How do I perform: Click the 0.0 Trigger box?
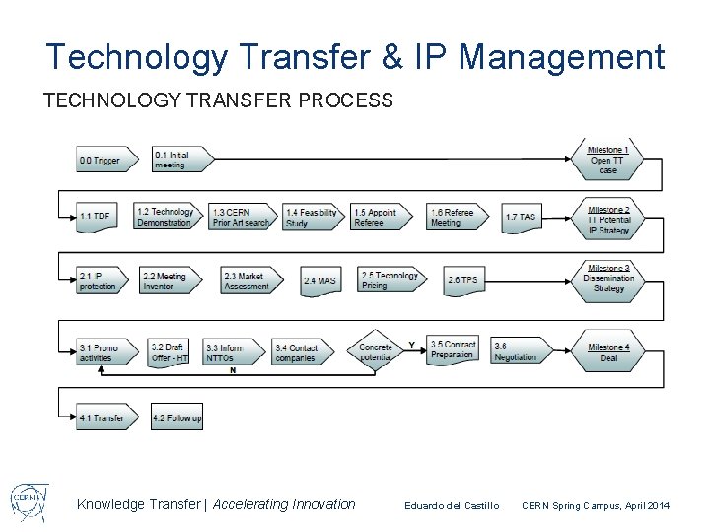pyautogui.click(x=101, y=160)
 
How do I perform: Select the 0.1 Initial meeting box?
pyautogui.click(x=181, y=160)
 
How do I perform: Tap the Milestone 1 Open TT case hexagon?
pyautogui.click(x=609, y=161)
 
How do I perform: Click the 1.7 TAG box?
pyautogui.click(x=521, y=217)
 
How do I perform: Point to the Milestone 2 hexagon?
pyautogui.click(x=609, y=219)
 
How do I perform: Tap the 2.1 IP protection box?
pyautogui.click(x=101, y=280)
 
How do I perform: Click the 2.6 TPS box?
pyautogui.click(x=463, y=280)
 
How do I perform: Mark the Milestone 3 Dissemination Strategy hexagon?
pyautogui.click(x=609, y=279)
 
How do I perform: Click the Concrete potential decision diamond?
pyautogui.click(x=375, y=352)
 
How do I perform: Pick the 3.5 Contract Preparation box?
pyautogui.click(x=454, y=350)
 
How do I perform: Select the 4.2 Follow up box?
pyautogui.click(x=177, y=418)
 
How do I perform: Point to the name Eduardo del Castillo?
pyautogui.click(x=452, y=505)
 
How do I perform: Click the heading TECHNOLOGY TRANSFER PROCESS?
pyautogui.click(x=219, y=100)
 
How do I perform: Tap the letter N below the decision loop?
pyautogui.click(x=233, y=370)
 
